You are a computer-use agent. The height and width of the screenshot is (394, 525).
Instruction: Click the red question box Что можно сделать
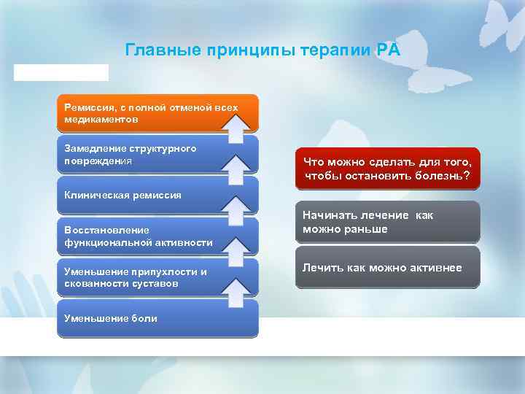(388, 169)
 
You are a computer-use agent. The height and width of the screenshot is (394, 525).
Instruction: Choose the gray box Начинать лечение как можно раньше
(388, 222)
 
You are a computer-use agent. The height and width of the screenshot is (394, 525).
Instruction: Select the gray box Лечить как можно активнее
(388, 268)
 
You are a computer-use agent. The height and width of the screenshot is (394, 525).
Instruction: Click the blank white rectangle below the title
(61, 72)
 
